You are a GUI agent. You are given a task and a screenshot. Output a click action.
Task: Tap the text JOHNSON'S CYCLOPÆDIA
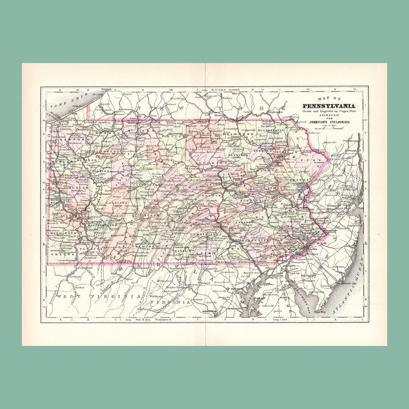coord(328,122)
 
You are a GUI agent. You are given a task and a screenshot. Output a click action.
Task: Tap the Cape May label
coord(319,314)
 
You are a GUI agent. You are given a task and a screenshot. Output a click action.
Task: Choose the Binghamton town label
coord(275,112)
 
